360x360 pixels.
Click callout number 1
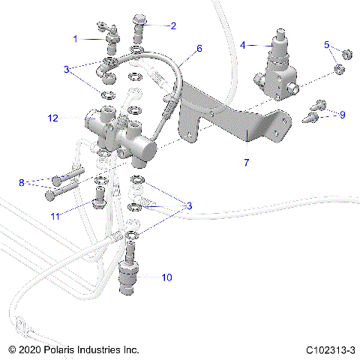point(76,37)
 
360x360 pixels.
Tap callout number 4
point(242,46)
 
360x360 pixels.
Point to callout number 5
point(327,45)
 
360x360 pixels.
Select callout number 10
point(166,277)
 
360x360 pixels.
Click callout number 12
point(52,117)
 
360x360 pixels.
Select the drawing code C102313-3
point(330,349)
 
